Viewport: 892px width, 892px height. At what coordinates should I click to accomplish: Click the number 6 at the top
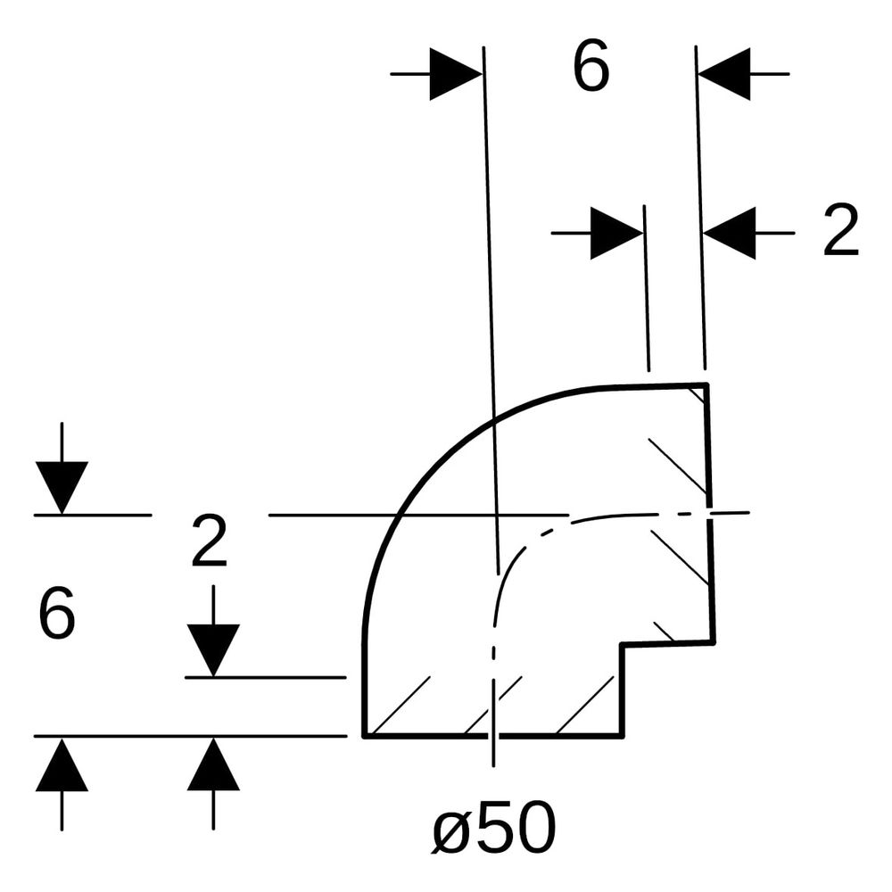point(591,67)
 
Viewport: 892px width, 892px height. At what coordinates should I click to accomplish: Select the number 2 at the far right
point(841,229)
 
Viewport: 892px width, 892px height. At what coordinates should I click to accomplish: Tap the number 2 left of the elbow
point(210,541)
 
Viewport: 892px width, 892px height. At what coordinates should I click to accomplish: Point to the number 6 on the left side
point(57,614)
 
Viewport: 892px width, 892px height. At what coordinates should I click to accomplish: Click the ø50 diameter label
point(494,827)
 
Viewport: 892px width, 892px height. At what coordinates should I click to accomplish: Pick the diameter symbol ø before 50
point(450,832)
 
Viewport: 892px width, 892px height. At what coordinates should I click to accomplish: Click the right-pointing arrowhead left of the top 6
point(456,74)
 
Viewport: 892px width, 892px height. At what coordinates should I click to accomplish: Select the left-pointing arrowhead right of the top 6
point(724,74)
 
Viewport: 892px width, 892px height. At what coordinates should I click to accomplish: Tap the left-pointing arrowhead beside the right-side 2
point(730,233)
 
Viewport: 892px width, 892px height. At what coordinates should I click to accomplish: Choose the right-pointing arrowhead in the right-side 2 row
point(616,233)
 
